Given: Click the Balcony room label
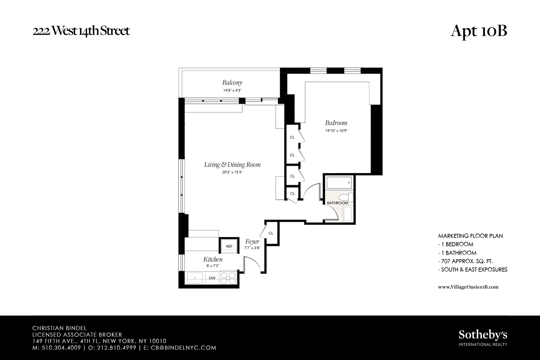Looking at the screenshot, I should pos(232,83).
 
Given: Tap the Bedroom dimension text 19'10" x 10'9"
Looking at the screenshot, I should pos(336,130).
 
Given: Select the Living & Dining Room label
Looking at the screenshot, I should pos(232,165).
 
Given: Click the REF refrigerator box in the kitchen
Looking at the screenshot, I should pos(229,246).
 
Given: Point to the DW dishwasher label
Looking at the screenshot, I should pos(212,278).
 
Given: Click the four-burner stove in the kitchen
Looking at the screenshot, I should pos(228,278).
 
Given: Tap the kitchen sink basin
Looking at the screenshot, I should pos(195,278).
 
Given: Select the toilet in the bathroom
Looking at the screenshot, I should pos(344,198).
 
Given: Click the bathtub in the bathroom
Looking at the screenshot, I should pos(339,183).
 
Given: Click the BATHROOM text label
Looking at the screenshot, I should pos(337,203).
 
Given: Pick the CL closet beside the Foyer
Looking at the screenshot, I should pos(271,233).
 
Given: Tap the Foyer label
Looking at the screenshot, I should pos(252,242).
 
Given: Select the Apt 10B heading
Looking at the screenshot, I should pos(478,31).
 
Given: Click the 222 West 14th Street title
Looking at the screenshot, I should pos(81,31).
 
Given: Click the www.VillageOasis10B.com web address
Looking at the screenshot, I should pos(468,287).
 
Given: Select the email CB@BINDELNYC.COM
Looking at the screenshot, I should pos(183,348).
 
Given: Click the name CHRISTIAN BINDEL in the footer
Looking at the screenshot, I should pos(59,328).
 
